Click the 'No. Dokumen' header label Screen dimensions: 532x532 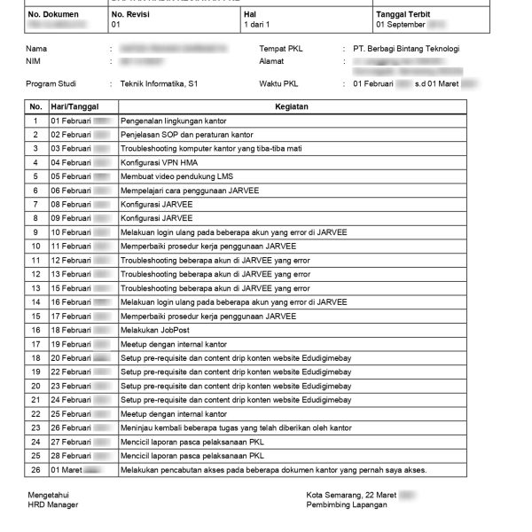pyautogui.click(x=53, y=15)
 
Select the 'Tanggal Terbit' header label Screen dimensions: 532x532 pyautogui.click(x=405, y=15)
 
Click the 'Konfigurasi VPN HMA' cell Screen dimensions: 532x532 pyautogui.click(x=159, y=162)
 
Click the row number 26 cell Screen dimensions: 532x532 pyautogui.click(x=35, y=469)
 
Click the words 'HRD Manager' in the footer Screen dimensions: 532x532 pyautogui.click(x=52, y=505)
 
